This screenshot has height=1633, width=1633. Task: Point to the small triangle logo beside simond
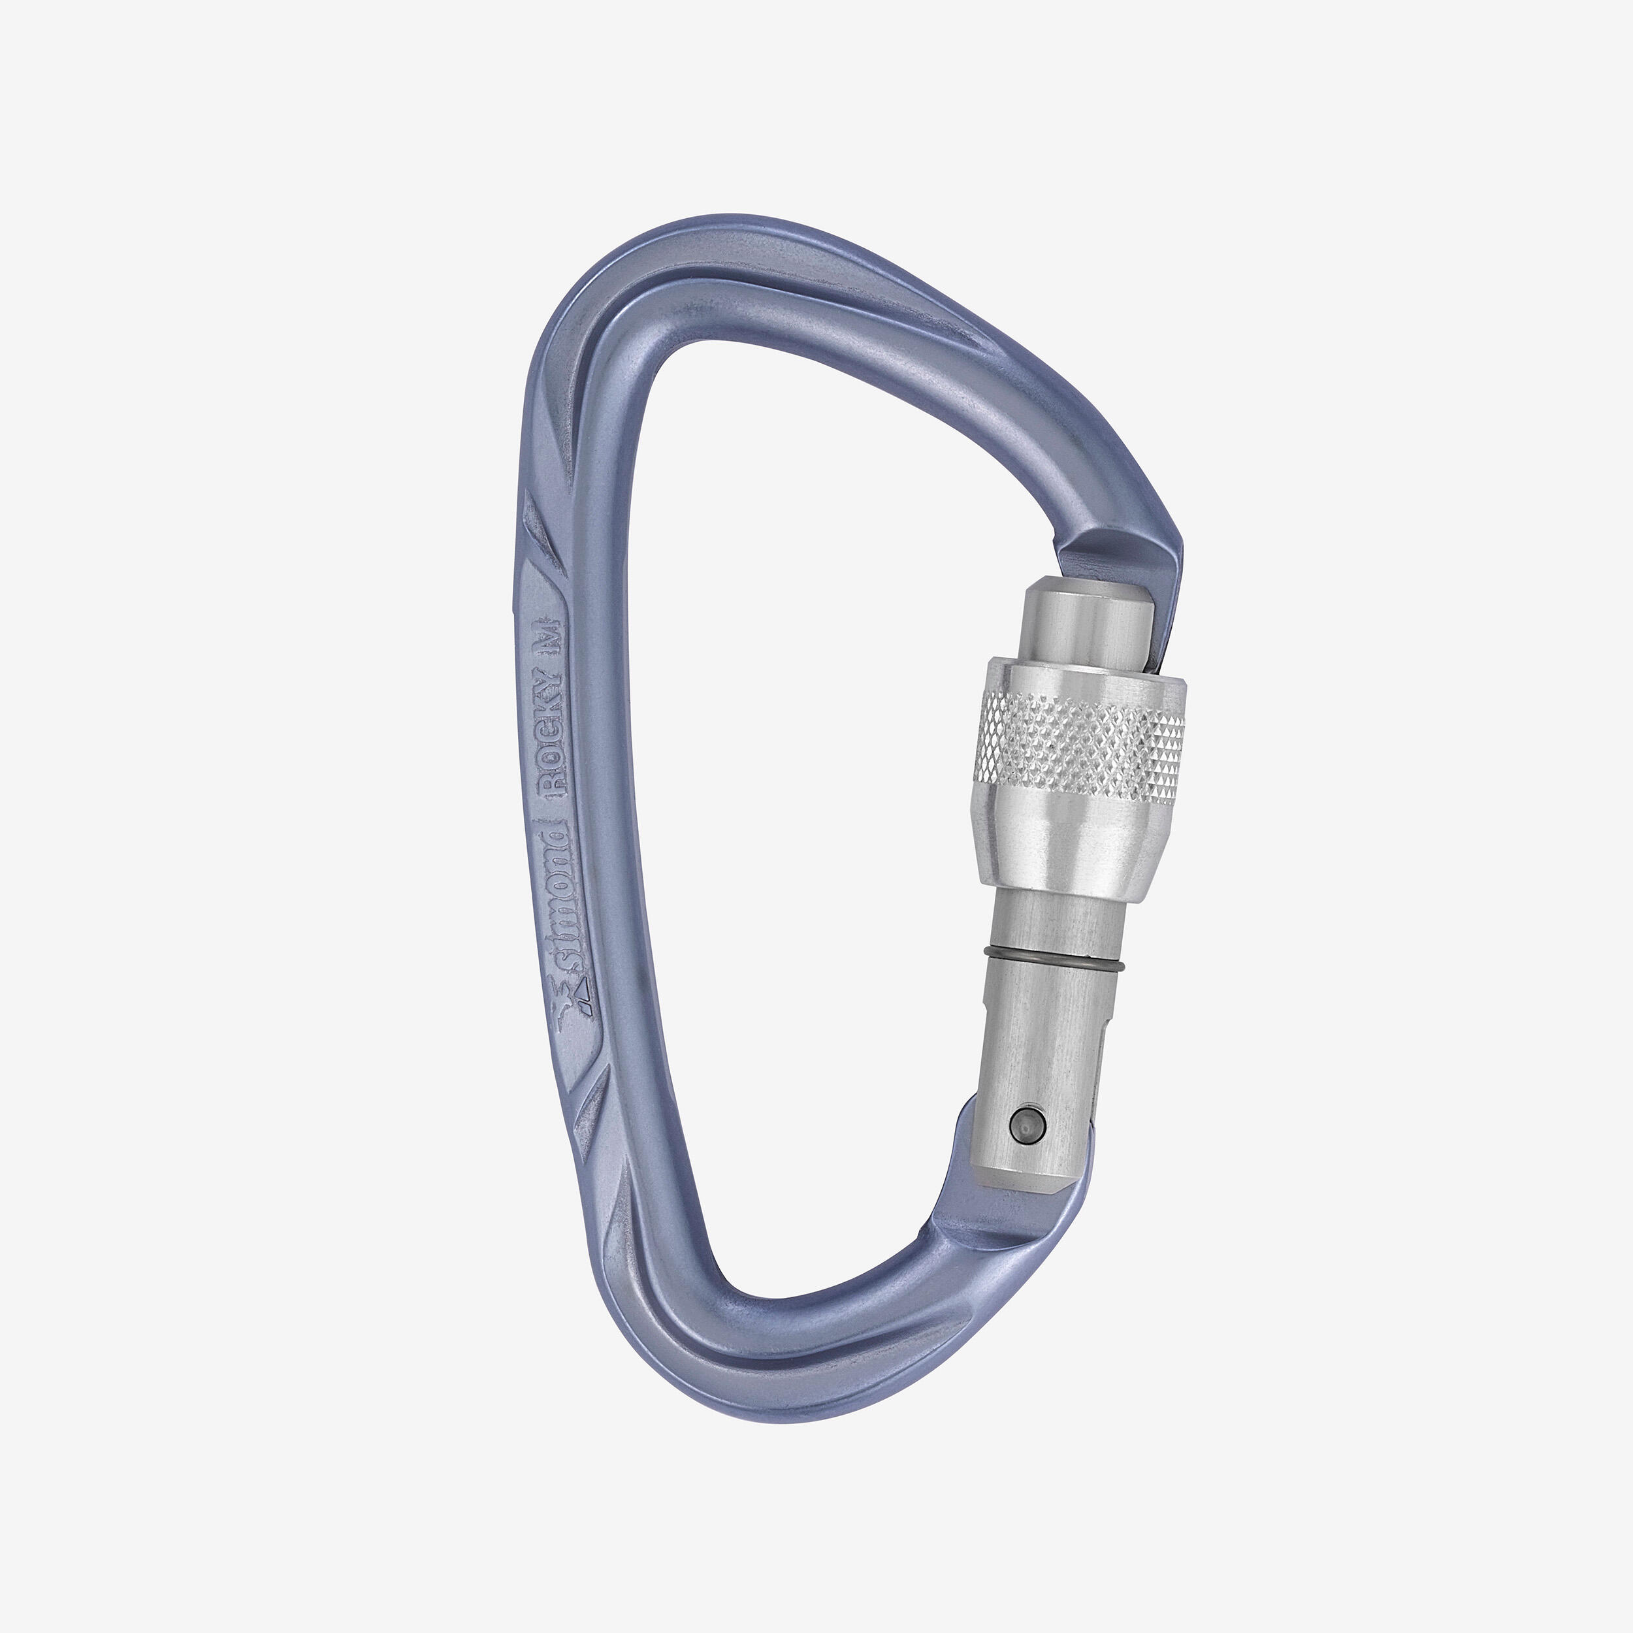(x=584, y=984)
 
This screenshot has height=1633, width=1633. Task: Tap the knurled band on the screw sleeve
(x=1082, y=734)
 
